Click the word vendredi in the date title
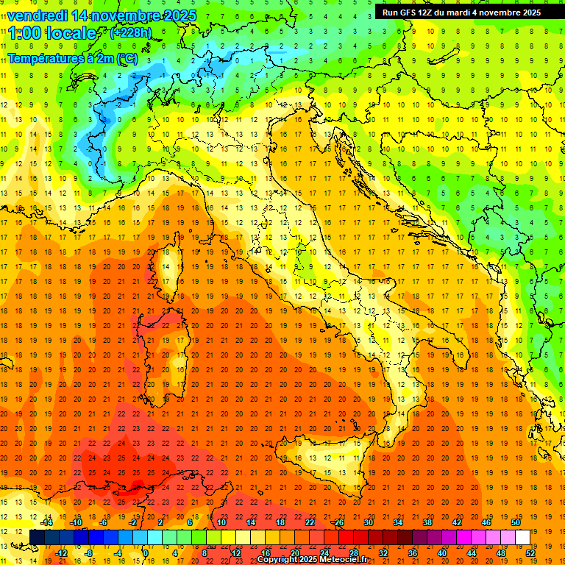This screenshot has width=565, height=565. click(x=37, y=15)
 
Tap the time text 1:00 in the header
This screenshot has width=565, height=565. click(x=25, y=33)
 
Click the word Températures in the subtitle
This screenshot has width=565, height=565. click(x=46, y=59)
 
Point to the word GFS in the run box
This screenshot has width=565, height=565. click(x=411, y=12)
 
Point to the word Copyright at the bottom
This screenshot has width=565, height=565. click(x=279, y=560)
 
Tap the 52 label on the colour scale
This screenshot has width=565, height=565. click(x=530, y=553)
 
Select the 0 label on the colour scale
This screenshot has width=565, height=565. click(x=146, y=553)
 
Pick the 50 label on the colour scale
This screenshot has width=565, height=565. click(x=516, y=522)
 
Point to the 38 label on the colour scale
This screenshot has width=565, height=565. click(x=427, y=522)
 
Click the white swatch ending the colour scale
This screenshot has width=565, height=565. click(x=522, y=537)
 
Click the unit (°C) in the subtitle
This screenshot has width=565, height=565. click(x=127, y=59)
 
